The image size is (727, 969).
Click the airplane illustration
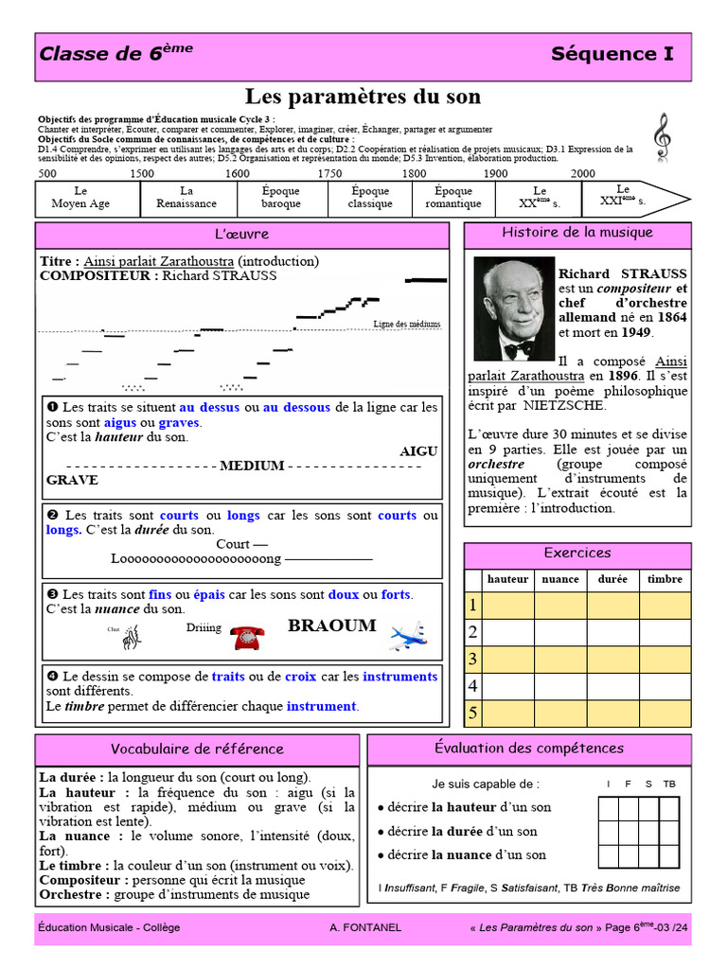coord(408,637)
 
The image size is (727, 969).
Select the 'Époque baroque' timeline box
coord(281,197)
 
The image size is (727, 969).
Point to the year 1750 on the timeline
coord(329,173)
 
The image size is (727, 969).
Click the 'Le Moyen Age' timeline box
coord(80,197)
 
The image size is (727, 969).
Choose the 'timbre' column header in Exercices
coord(665,579)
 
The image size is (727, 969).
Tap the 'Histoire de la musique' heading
coord(576,233)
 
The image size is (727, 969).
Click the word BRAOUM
coord(331,625)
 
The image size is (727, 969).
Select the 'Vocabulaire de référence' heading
coord(197,749)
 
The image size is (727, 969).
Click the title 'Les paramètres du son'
coord(363,97)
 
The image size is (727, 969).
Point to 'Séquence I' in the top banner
coord(612,54)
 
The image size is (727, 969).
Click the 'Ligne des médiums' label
coord(407,324)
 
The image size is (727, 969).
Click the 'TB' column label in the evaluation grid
coord(669,784)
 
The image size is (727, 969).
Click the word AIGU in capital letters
coord(418,451)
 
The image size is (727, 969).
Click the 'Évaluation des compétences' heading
coord(528,749)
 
